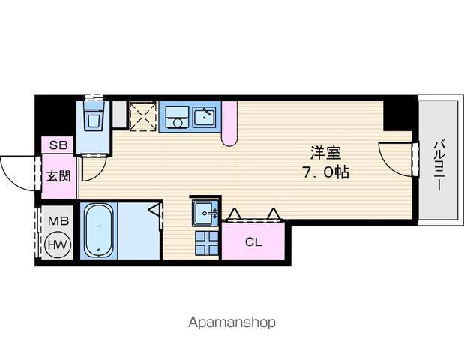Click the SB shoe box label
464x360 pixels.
(x=58, y=145)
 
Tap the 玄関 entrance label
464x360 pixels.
(x=59, y=176)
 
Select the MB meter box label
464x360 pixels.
(x=58, y=220)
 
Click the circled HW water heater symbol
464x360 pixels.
(x=58, y=244)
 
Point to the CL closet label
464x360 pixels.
(x=253, y=241)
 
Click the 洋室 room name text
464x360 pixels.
(x=325, y=153)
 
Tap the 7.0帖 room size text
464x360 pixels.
(x=325, y=172)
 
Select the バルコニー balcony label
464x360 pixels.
(x=440, y=165)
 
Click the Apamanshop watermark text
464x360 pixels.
(x=232, y=322)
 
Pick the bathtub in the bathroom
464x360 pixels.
(x=98, y=230)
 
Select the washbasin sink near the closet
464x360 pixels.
(x=205, y=212)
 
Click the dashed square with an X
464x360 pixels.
(x=143, y=116)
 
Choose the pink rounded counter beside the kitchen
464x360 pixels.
(x=229, y=124)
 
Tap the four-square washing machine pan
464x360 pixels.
(x=207, y=243)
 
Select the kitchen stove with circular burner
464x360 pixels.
(x=177, y=117)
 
